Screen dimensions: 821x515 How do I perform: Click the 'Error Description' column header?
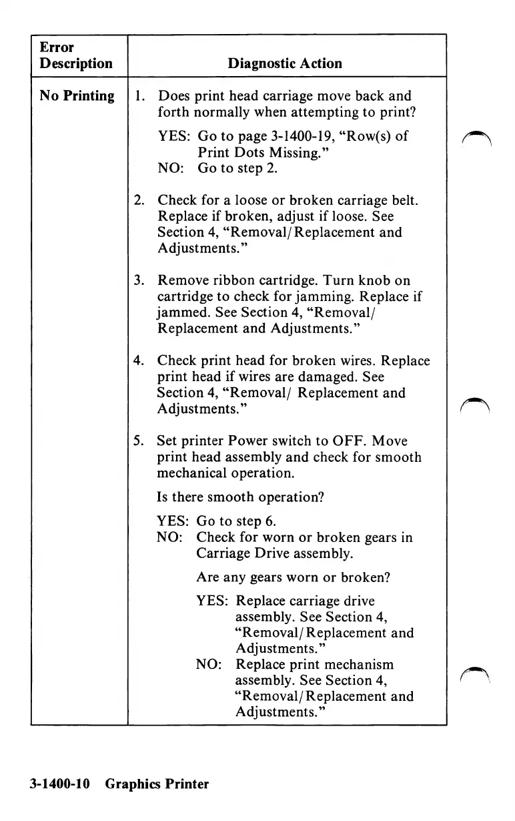[x=76, y=55]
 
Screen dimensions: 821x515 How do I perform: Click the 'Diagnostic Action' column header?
[x=285, y=64]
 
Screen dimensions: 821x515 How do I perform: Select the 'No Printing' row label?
[x=77, y=96]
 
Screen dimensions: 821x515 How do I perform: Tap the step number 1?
[x=138, y=96]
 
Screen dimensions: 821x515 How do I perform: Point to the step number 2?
[x=139, y=201]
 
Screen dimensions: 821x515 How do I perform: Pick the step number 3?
[x=139, y=281]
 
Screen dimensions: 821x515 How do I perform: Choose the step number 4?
[x=139, y=361]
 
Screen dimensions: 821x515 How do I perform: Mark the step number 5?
[x=139, y=441]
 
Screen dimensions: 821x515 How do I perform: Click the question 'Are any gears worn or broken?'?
[x=293, y=577]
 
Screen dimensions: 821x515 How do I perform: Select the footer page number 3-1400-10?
[x=59, y=784]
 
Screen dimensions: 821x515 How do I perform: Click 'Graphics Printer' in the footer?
[x=157, y=784]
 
